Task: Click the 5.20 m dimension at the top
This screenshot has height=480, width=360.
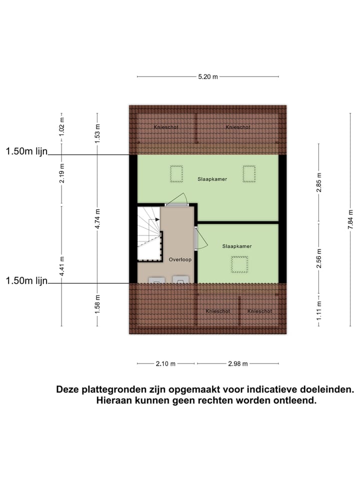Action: (x=208, y=77)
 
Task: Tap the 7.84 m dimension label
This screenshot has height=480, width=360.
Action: (x=351, y=220)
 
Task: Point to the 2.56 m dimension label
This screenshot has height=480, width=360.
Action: (x=319, y=258)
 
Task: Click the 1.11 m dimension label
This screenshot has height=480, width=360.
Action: (x=319, y=304)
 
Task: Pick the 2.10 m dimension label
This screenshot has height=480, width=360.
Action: (x=165, y=364)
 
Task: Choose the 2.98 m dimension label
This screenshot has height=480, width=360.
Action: (x=238, y=364)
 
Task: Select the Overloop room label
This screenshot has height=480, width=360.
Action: (x=180, y=259)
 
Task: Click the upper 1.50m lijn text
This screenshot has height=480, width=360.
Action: (x=26, y=151)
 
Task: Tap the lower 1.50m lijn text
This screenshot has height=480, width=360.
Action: (x=26, y=281)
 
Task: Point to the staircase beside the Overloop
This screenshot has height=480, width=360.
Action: (x=149, y=233)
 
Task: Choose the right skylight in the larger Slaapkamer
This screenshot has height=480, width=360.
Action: (x=249, y=174)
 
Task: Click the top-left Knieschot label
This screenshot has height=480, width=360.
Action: (x=166, y=127)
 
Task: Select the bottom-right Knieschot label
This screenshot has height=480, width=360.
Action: (x=259, y=311)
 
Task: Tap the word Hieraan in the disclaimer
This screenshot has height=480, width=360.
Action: (x=116, y=400)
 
